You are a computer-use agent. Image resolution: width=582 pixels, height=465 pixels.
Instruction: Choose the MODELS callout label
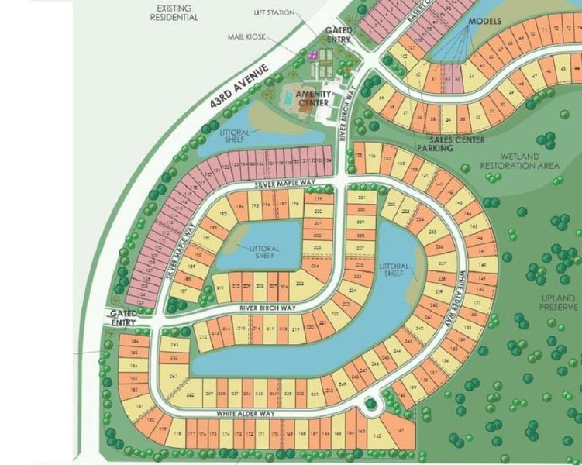[485, 21]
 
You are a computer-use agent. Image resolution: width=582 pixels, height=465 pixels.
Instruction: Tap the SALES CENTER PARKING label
[451, 143]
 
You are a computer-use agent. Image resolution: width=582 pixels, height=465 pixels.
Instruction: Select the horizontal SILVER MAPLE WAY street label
[287, 187]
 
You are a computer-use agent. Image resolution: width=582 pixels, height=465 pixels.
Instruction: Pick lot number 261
[174, 376]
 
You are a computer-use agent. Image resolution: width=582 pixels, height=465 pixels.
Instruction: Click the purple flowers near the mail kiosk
[314, 55]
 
